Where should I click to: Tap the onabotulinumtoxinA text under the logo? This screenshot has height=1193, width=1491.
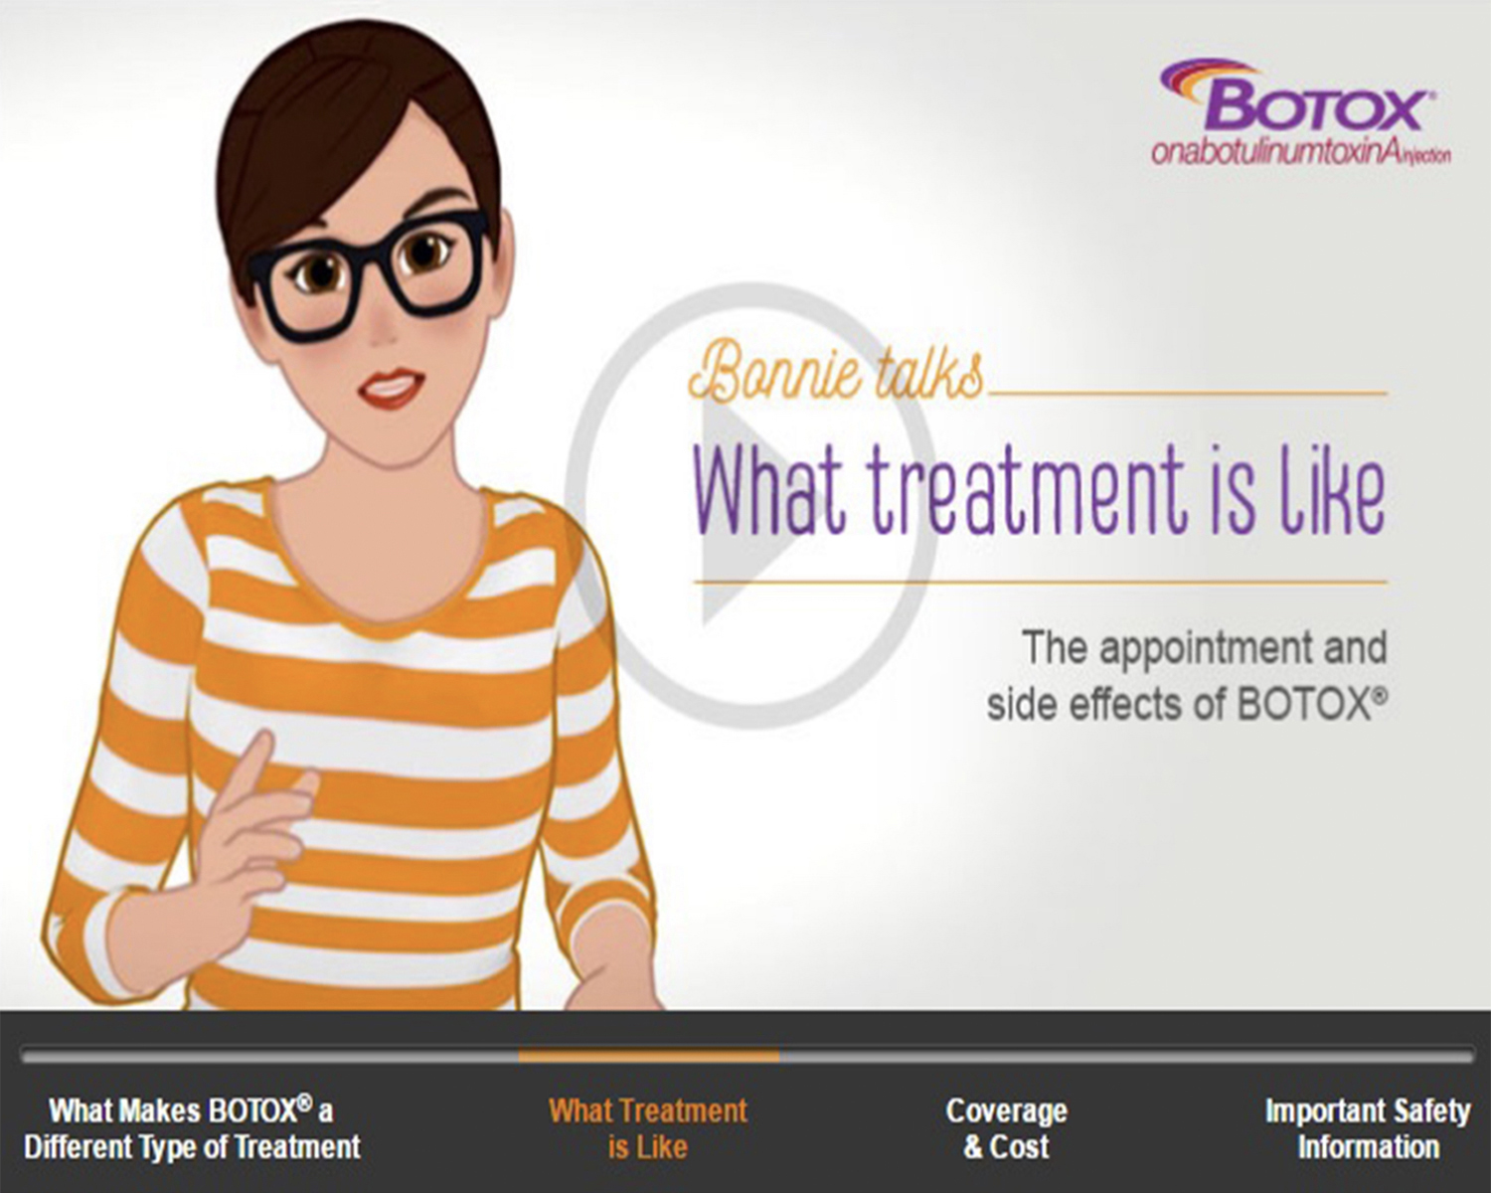(1301, 152)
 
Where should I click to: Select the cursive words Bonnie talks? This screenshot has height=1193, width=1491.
(836, 379)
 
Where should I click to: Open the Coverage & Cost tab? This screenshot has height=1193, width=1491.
(1006, 1128)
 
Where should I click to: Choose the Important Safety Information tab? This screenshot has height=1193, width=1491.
(1368, 1128)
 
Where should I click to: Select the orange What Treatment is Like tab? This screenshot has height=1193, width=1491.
(648, 1128)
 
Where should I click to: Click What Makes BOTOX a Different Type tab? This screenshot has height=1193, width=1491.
(192, 1128)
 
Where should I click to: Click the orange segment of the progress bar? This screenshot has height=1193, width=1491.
(648, 1056)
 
